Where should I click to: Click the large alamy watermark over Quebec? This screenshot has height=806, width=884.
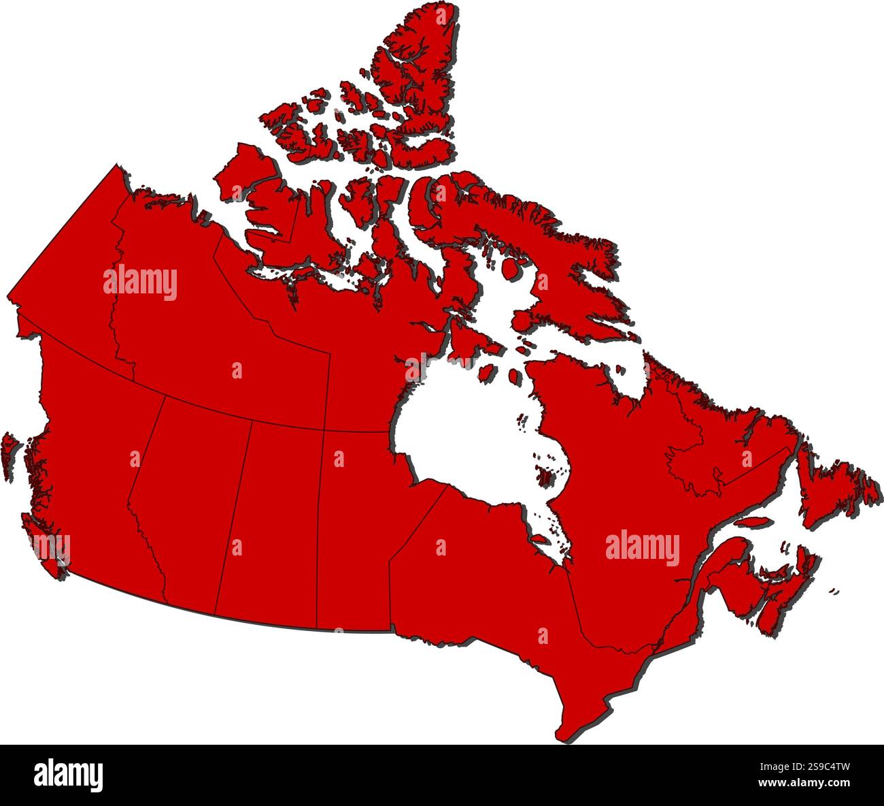point(642,549)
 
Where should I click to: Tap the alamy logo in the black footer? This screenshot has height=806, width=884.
point(68,775)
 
